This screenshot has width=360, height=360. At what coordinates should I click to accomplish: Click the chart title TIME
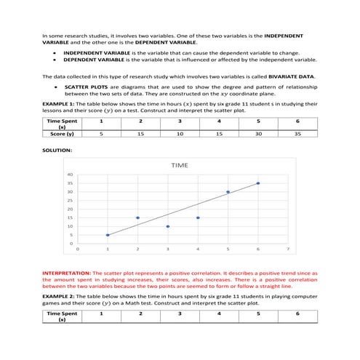180,166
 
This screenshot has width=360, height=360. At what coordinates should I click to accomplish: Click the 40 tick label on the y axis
71,175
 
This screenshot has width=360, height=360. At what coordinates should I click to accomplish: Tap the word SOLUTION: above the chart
57,150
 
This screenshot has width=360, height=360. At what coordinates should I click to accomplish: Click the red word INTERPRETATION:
66,272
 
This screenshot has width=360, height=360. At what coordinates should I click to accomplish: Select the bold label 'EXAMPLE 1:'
58,104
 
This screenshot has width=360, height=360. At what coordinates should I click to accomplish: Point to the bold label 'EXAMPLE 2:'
58,297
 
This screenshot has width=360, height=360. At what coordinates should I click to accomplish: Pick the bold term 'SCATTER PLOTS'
82,87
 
